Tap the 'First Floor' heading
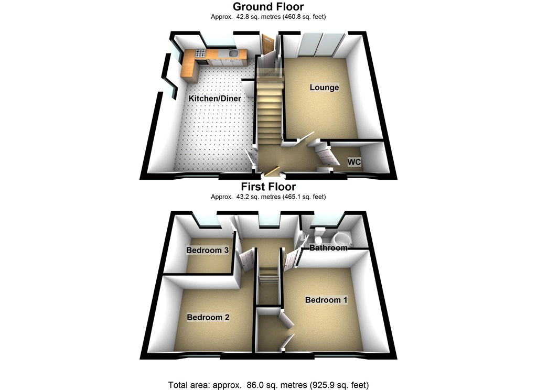coord(268,187)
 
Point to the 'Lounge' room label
coord(324,88)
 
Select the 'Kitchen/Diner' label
coord(215,99)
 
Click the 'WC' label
coord(354,162)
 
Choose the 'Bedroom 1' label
coord(326,300)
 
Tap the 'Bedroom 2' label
coord(208,317)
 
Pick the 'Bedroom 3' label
coord(207,250)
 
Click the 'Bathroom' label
coord(328,247)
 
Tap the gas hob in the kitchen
coord(200,53)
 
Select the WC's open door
coord(326,154)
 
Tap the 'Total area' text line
coord(268,385)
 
